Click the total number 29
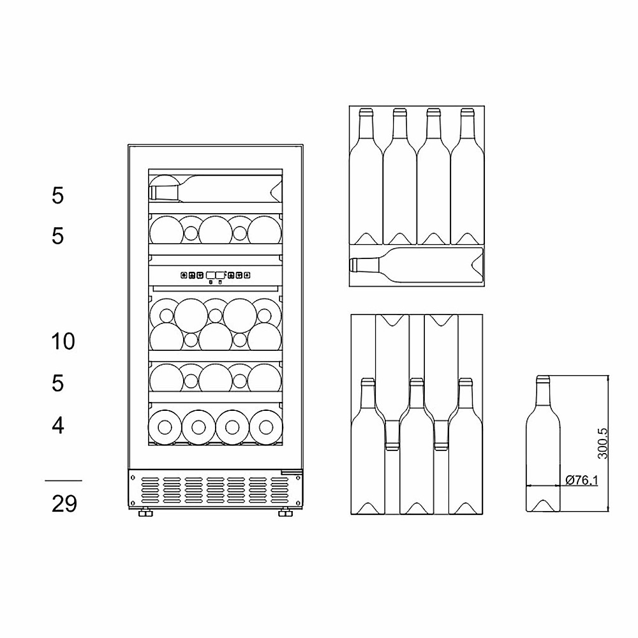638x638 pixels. coord(64,503)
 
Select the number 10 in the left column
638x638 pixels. coord(63,341)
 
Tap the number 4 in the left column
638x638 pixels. coord(58,425)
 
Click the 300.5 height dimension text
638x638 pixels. coord(602,443)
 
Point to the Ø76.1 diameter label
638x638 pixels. coord(581,480)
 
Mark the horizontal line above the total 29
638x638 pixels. coord(63,480)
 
